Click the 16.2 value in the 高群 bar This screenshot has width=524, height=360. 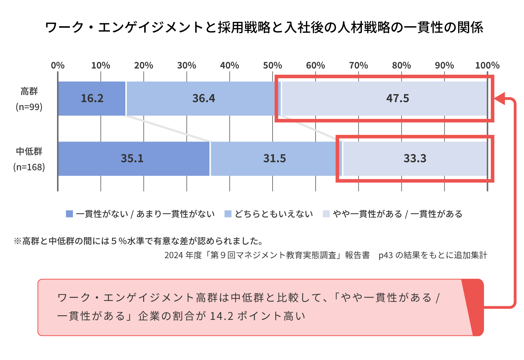click(x=92, y=98)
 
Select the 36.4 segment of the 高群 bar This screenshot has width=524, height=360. click(x=204, y=98)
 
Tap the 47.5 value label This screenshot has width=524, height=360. click(x=398, y=98)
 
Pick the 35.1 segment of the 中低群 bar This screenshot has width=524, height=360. click(x=132, y=158)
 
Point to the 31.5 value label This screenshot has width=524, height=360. click(x=275, y=158)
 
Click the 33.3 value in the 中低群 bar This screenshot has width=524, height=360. click(x=415, y=158)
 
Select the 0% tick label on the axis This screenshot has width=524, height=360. click(x=58, y=65)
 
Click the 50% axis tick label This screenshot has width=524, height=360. click(x=273, y=65)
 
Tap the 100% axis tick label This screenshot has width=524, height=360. click(x=487, y=65)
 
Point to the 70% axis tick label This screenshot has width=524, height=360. click(x=359, y=65)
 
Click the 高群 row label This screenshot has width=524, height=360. click(x=29, y=91)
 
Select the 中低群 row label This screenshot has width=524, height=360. click(x=29, y=151)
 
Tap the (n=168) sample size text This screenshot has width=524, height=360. click(x=29, y=167)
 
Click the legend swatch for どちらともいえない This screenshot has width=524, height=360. click(x=228, y=214)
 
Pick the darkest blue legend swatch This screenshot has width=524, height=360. click(x=69, y=214)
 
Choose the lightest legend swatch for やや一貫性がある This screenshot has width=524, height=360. click(x=326, y=214)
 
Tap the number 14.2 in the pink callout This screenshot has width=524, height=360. click(x=221, y=316)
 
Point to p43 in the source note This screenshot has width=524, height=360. click(x=386, y=255)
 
